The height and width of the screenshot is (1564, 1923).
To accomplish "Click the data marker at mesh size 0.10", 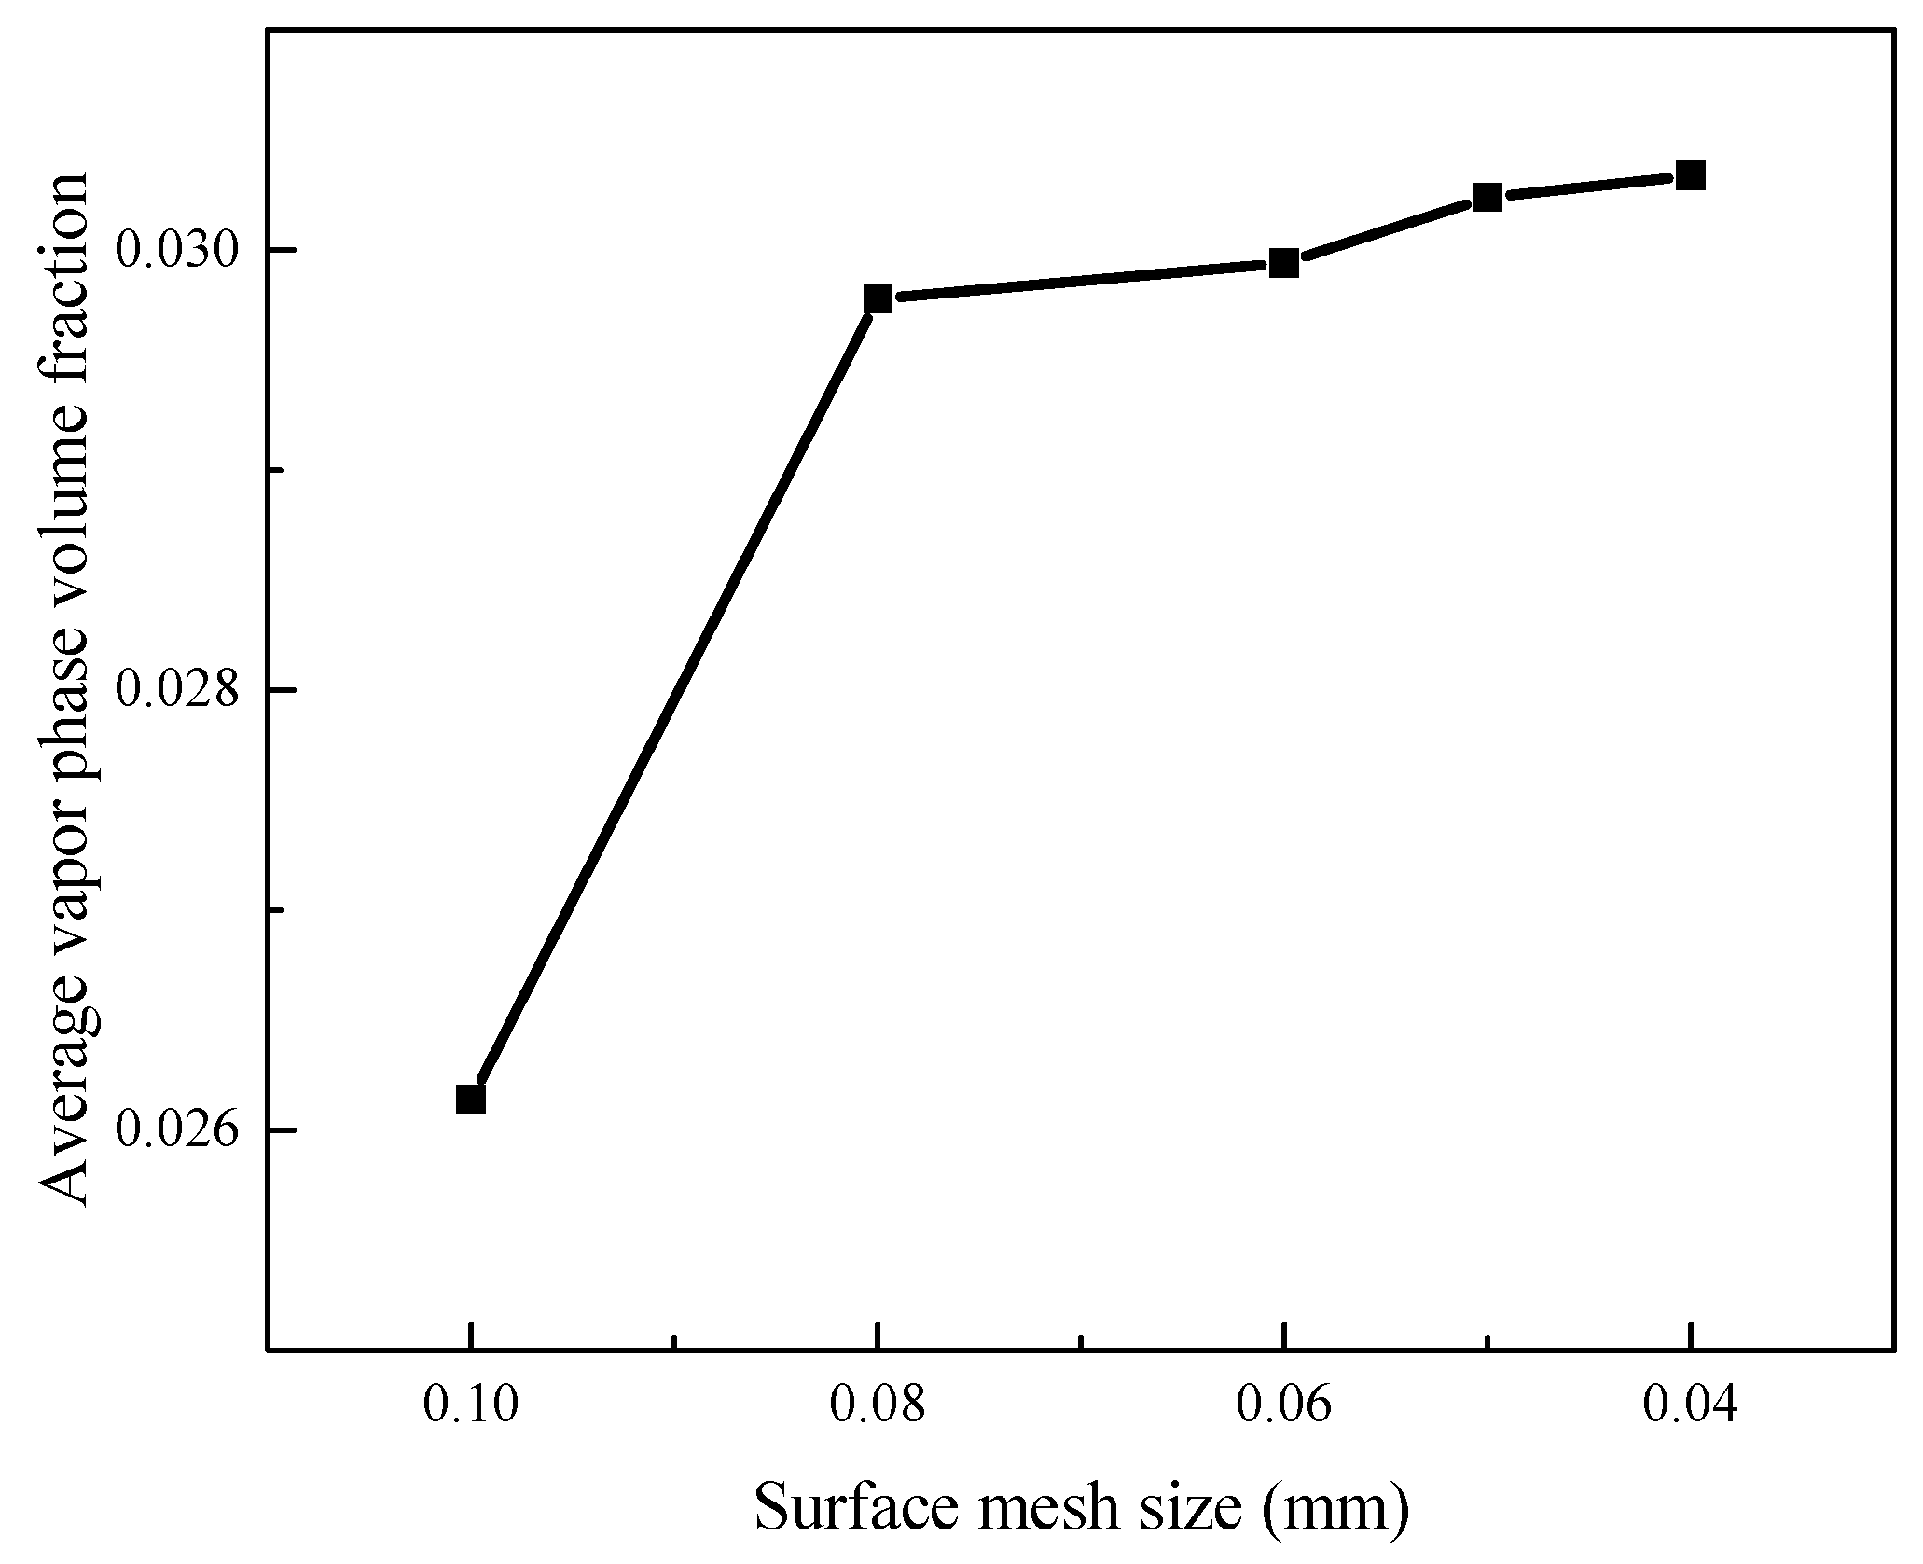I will coord(471,1100).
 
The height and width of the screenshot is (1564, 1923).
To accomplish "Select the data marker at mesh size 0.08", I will coord(877,298).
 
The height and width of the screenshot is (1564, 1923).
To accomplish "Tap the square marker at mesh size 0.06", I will coord(1284,264).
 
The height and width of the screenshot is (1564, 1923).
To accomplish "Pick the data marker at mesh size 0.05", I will coord(1487,197).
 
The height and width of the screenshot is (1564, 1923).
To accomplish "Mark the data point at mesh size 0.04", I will coord(1690,174).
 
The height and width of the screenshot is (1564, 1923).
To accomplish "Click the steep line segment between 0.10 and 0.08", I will coord(673,699).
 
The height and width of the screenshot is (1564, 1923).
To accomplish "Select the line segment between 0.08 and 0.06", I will coord(1080,282).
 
